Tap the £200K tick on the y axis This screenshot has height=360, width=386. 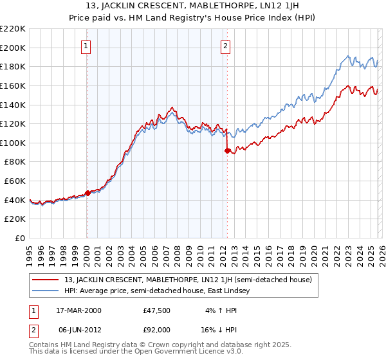coord(13,48)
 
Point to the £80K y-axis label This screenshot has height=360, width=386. coord(15,162)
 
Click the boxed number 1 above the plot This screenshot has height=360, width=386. coord(87,46)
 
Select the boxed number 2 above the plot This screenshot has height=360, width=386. coord(226,46)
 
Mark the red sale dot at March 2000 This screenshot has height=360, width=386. coord(87,193)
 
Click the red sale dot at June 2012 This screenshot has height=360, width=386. coord(227,151)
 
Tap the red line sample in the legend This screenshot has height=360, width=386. coord(46,280)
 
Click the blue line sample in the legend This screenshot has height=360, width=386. coord(46,291)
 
